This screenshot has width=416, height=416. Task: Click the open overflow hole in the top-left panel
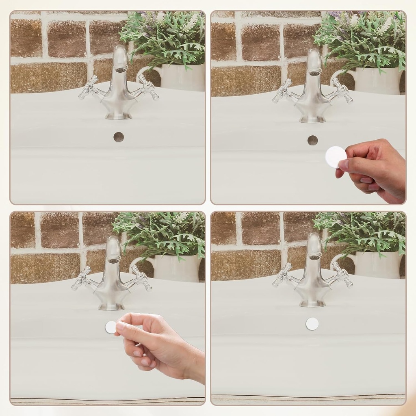coord(118,137)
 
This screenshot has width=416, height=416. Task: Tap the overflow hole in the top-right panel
coord(312,140)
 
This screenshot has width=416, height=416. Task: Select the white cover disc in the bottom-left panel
coord(110,327)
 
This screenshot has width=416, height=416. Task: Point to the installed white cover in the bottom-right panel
coord(312,324)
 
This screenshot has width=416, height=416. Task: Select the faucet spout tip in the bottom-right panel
coord(314,256)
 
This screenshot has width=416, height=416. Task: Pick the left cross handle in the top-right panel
coord(282,91)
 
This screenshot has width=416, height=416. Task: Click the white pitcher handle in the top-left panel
coord(142,74)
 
